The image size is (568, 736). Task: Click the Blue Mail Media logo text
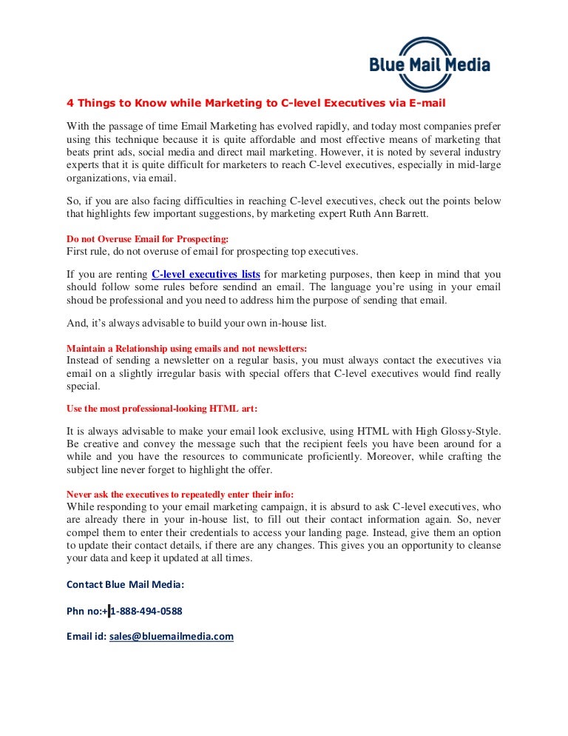click(429, 66)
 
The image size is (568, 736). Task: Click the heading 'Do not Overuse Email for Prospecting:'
click(148, 239)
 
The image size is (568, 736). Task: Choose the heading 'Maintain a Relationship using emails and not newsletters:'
click(186, 347)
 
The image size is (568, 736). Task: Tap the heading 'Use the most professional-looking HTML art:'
click(162, 408)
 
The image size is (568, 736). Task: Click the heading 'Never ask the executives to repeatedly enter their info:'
click(180, 493)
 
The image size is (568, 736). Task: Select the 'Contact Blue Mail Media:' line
click(125, 584)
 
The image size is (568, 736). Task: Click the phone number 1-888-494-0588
click(146, 611)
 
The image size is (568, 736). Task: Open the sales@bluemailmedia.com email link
click(172, 636)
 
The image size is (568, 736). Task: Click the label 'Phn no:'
click(84, 611)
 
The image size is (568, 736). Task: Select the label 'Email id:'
click(87, 636)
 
